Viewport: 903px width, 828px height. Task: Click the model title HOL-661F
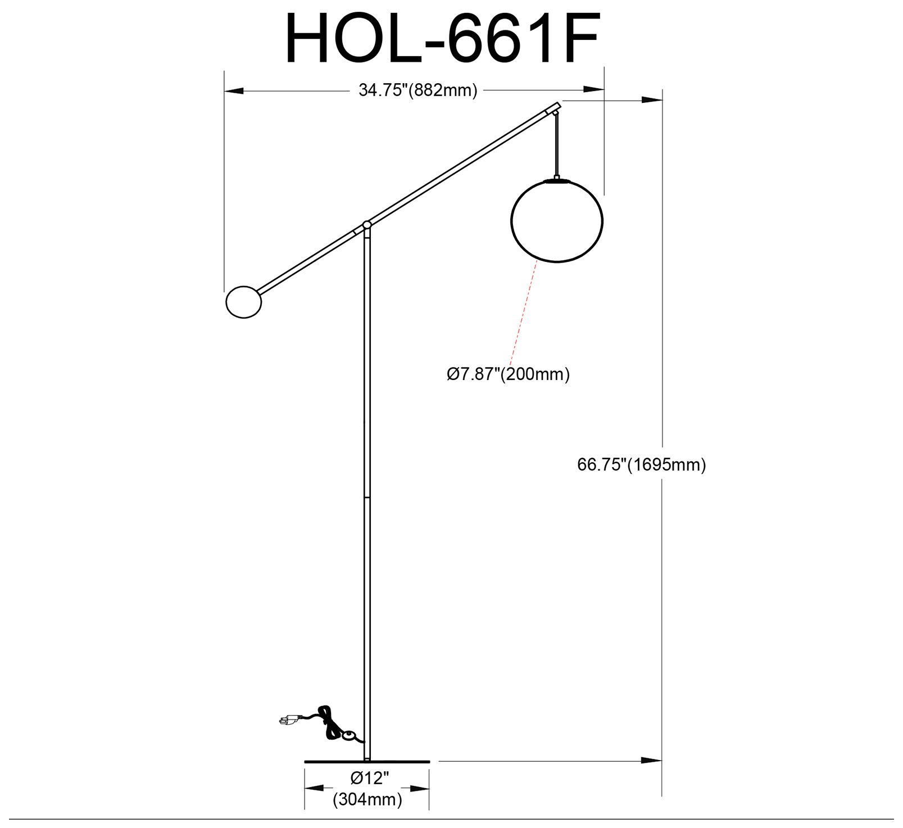(x=443, y=38)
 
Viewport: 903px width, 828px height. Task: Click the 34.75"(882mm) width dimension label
(x=418, y=90)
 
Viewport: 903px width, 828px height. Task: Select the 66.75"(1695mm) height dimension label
(x=641, y=465)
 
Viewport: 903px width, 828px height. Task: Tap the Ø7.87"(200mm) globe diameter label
(x=508, y=374)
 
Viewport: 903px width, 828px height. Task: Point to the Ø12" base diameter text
(x=370, y=779)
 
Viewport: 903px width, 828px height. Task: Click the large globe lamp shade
(x=556, y=220)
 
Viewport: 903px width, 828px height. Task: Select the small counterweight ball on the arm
(x=243, y=302)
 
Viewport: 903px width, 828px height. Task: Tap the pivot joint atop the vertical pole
(x=367, y=225)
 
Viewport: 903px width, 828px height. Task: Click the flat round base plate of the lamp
(x=367, y=762)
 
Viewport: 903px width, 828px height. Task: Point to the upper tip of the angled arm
(x=557, y=105)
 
